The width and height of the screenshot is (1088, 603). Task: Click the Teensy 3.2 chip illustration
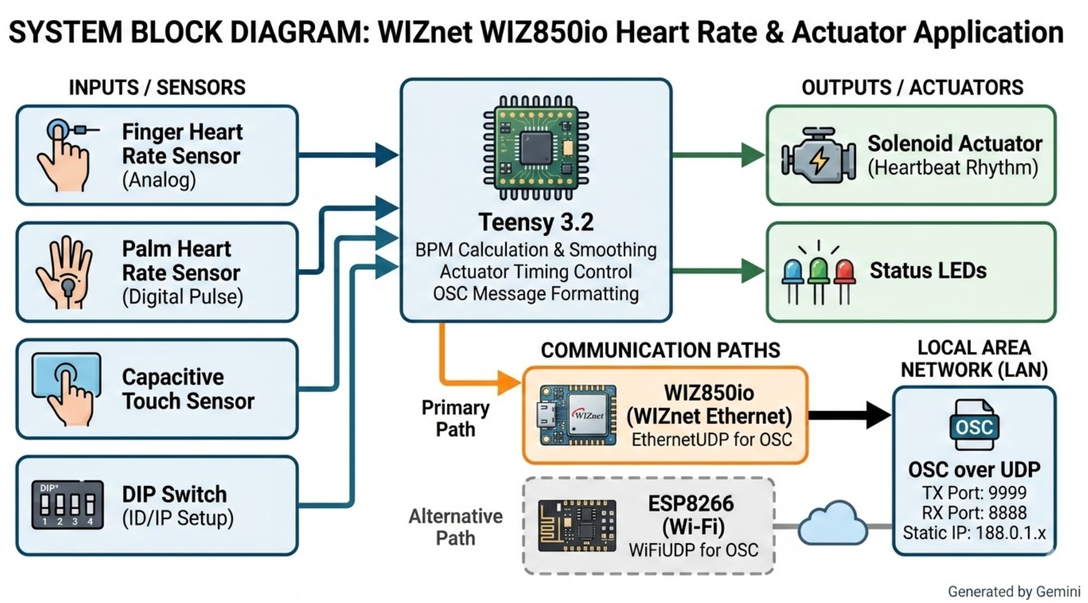point(536,148)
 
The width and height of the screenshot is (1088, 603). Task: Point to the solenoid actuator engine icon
point(818,156)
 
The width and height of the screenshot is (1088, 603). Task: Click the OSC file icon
point(974,425)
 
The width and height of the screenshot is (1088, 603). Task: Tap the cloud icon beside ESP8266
point(833,523)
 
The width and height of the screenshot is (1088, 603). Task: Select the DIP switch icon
point(67,505)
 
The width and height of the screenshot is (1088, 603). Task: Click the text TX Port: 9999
point(974,493)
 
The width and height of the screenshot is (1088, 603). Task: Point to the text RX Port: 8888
point(974,512)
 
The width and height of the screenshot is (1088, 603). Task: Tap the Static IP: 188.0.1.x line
point(974,533)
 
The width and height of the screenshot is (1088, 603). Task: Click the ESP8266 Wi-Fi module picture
point(577,525)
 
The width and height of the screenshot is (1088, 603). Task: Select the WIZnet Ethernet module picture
point(577,415)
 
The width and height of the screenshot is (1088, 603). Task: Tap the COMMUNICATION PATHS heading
point(660,350)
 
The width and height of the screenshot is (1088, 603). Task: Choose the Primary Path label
point(455,418)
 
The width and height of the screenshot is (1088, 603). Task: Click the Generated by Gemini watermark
point(1014,592)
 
